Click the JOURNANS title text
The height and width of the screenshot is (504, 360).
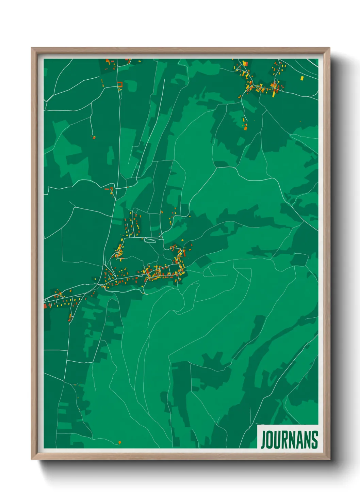click(290, 440)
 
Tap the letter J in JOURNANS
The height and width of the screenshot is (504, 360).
click(263, 440)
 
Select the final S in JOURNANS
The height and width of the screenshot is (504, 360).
click(315, 440)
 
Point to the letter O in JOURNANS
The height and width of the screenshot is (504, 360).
click(270, 440)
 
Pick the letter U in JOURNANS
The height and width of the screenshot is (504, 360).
click(277, 440)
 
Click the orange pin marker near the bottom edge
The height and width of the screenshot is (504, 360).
click(119, 442)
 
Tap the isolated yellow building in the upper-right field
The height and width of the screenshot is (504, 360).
click(302, 78)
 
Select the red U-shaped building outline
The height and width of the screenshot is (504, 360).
click(120, 84)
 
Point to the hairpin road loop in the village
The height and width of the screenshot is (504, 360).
click(151, 240)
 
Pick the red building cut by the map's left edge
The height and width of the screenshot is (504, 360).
click(45, 306)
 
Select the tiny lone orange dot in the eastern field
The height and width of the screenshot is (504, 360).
click(300, 121)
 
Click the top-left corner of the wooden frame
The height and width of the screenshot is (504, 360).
click(32, 48)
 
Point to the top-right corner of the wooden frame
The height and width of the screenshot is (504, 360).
click(329, 48)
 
